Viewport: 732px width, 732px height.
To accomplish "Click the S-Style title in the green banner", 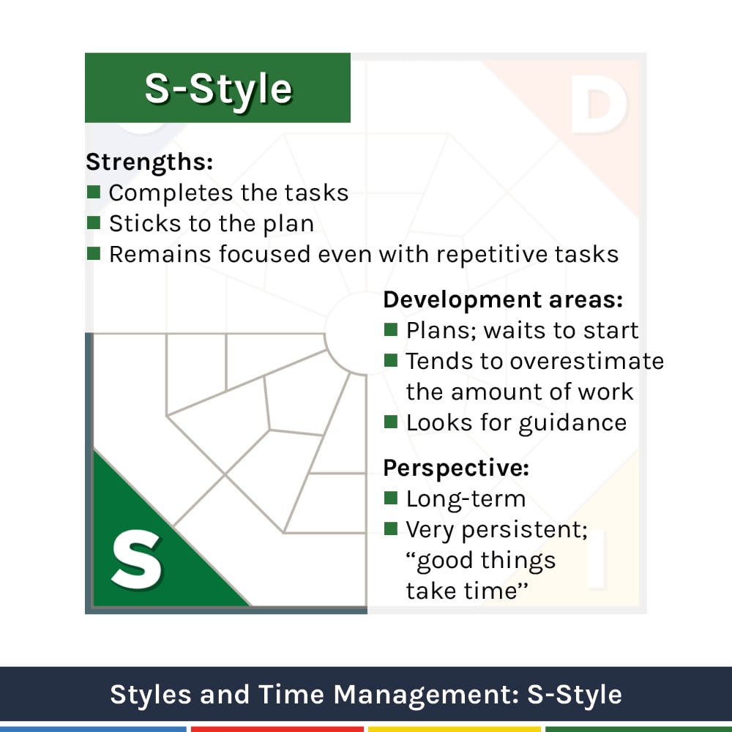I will coord(218,89).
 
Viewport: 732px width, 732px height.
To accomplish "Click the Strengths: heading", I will coord(149,162).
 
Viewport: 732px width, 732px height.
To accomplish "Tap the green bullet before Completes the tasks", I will coord(93,193).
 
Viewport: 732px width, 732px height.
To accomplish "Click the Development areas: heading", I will coord(503,300).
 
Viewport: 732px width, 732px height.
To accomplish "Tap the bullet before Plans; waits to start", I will coord(391,330).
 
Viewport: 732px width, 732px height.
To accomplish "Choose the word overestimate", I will coord(586,361).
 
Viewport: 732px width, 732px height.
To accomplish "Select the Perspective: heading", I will coord(456,468).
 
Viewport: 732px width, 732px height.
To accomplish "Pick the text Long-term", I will coord(466,499).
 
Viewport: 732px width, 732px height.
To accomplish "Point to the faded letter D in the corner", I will coord(598,108).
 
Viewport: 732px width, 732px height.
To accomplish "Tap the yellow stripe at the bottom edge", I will coord(454,729).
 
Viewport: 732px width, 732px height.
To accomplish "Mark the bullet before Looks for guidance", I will coord(391,422).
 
